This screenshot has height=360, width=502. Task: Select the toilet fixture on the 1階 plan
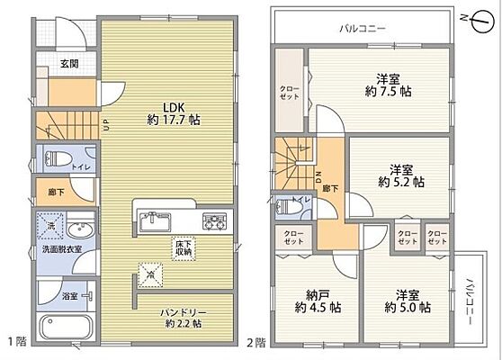pos(61,158)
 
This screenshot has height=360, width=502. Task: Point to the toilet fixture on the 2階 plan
pos(290,206)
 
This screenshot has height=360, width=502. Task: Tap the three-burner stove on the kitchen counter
pos(213,218)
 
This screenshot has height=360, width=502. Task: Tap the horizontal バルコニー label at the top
pos(363,28)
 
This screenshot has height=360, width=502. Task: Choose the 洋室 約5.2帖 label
pos(400,175)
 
